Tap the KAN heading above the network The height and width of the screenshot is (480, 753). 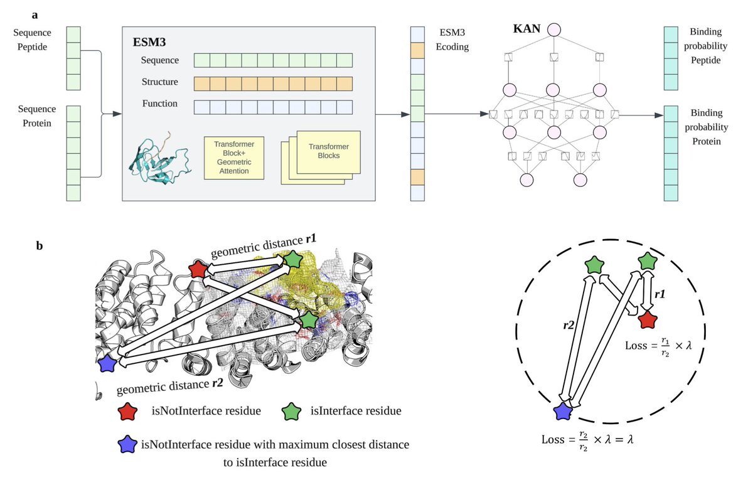click(x=526, y=29)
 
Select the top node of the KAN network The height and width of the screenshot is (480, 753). click(x=553, y=29)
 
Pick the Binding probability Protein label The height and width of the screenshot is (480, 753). click(x=706, y=127)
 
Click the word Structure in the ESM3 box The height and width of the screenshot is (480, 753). click(x=159, y=82)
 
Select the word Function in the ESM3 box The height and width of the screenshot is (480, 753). click(x=159, y=104)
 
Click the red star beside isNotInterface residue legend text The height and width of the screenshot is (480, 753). click(x=129, y=412)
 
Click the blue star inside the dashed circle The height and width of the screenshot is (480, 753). click(x=563, y=412)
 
